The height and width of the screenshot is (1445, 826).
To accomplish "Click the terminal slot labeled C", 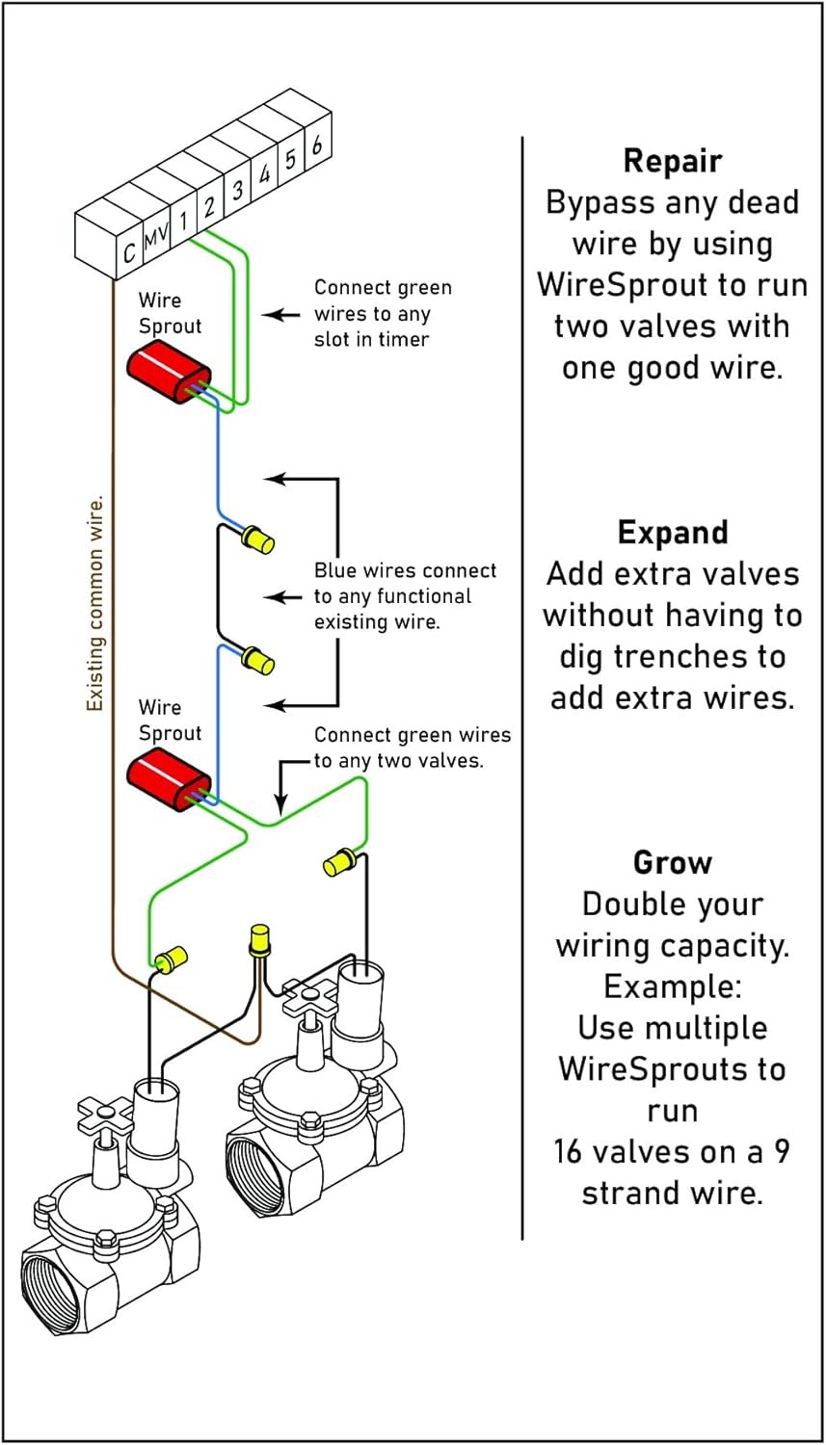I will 129,252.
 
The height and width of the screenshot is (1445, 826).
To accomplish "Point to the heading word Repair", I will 672,160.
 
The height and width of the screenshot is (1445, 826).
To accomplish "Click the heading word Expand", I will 672,532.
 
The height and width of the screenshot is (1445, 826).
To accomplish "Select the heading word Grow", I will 672,861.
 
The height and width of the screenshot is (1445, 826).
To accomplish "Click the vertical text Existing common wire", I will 94,604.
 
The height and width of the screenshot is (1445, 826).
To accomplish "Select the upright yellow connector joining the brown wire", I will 259,938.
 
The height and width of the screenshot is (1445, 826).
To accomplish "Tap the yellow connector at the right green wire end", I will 339,861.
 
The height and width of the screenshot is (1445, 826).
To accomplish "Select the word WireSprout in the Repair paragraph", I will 672,284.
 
